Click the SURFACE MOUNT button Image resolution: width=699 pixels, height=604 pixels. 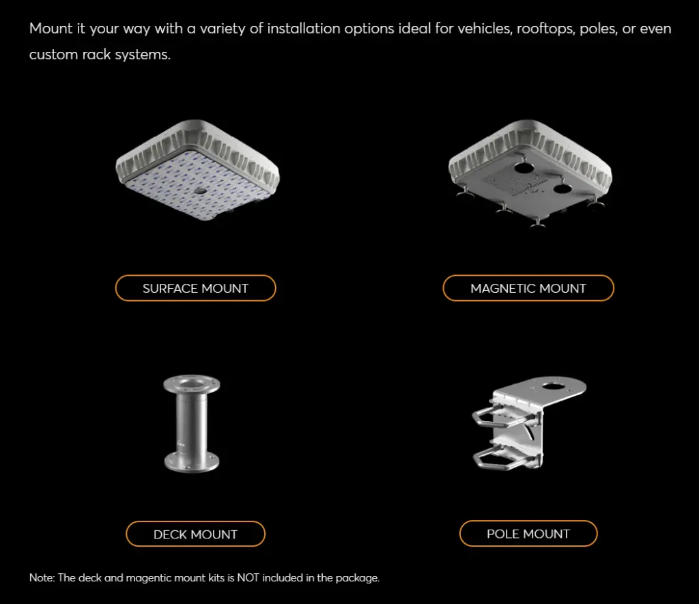195,288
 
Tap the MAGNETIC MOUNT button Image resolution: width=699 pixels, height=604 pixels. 528,288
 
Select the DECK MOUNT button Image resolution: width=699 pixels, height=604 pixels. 195,534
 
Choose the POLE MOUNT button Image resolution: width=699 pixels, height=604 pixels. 528,534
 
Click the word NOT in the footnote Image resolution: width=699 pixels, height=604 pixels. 248,577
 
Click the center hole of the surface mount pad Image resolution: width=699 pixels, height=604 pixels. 200,191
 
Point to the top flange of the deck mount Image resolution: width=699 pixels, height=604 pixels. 192,384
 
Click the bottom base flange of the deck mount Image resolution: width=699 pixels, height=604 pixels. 192,462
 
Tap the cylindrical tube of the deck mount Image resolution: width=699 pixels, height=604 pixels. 191,422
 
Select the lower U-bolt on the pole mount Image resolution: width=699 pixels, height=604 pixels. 504,458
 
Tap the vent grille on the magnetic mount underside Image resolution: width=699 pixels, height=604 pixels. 513,182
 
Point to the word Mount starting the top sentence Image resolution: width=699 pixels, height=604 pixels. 51,29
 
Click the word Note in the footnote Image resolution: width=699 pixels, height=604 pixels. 42,577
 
